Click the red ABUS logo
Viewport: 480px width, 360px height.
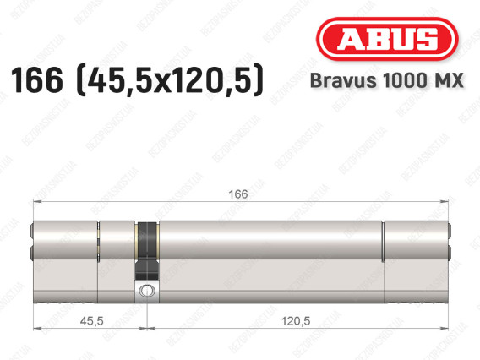(x=387, y=39)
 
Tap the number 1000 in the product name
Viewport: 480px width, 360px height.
(x=403, y=80)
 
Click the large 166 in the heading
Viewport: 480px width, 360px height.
(x=36, y=80)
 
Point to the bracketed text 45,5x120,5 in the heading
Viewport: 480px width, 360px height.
(x=170, y=80)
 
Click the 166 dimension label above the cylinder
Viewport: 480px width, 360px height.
(x=238, y=194)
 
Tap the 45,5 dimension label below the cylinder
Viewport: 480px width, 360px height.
(x=92, y=321)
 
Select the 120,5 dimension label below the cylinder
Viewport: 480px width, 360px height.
(x=296, y=321)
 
